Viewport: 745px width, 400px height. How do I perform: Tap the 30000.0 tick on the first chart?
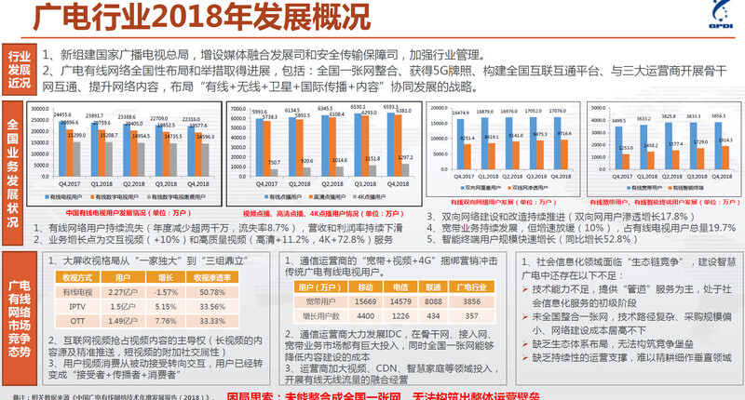(41, 110)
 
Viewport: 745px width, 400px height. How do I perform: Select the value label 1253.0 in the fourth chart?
(626, 148)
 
